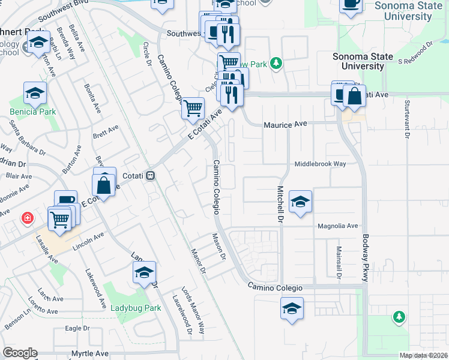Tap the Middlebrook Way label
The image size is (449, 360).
pos(320,164)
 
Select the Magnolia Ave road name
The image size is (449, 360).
pos(337,226)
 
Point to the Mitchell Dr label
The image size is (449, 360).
pos(280,205)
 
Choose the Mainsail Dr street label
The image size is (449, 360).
pos(339,263)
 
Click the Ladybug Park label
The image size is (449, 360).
pos(136,308)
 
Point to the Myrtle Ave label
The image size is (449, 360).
pos(90,354)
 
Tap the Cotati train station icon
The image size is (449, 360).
pos(151,175)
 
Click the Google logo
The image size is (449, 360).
pos(20,352)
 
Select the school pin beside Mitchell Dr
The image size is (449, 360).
pos(300,202)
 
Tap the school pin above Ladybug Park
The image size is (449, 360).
pos(144,272)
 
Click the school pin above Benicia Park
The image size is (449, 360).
pos(35,93)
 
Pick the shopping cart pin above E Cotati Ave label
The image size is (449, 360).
pos(193,108)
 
